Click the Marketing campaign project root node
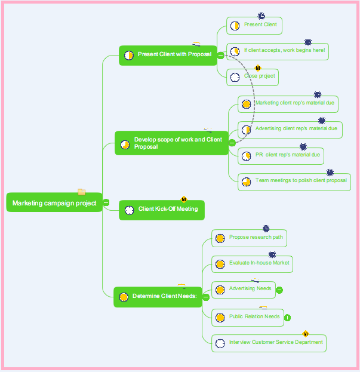tap(54, 203)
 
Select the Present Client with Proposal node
tap(168, 55)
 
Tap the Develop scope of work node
tap(171, 143)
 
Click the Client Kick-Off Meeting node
tap(161, 210)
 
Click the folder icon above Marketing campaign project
tap(82, 192)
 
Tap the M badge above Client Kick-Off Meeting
tap(184, 199)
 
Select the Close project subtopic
tap(253, 77)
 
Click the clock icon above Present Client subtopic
tap(261, 16)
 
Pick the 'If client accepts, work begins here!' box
tap(278, 51)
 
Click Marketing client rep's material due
tap(288, 103)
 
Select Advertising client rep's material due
tap(290, 129)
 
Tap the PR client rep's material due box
tap(281, 155)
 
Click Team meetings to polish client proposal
tap(294, 181)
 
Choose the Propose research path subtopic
tap(249, 238)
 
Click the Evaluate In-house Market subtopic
tap(252, 263)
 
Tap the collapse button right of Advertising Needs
tap(279, 290)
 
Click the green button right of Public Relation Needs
tap(287, 318)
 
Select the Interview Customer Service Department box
tap(269, 343)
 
